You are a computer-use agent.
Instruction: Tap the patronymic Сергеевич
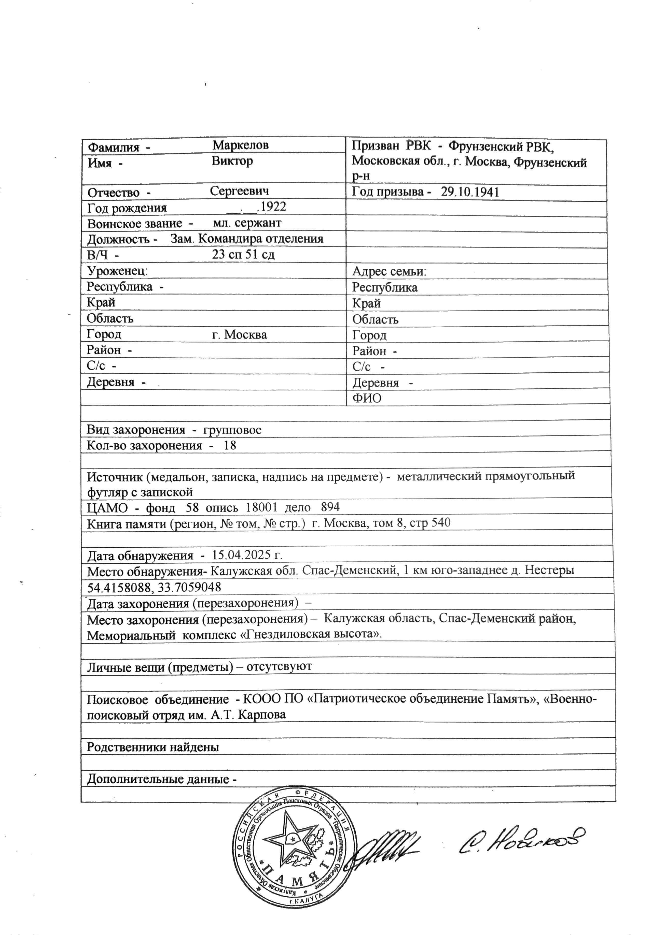click(240, 191)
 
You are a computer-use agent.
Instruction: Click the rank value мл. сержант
click(247, 223)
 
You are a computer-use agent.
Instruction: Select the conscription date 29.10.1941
click(470, 192)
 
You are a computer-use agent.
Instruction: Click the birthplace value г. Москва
click(240, 335)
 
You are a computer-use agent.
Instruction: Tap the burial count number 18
click(230, 446)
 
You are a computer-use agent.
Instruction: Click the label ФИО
click(367, 398)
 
